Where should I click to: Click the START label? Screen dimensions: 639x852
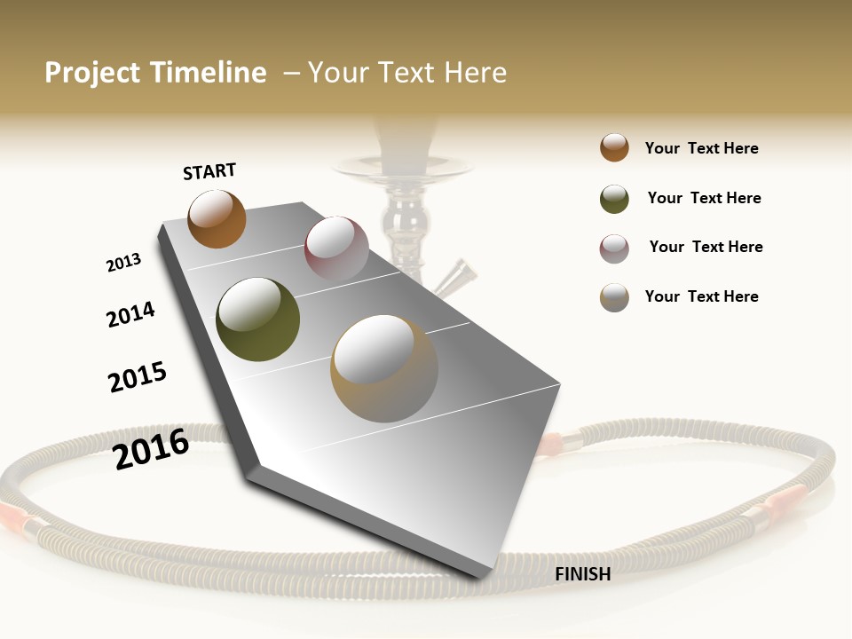click(209, 171)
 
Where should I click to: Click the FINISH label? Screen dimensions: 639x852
click(582, 574)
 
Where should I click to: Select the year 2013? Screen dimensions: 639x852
click(123, 263)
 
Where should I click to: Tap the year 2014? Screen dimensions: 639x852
click(130, 314)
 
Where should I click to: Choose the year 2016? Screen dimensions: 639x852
click(151, 448)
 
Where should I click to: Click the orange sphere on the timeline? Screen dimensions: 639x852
click(217, 218)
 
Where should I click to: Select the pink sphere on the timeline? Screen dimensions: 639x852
click(336, 248)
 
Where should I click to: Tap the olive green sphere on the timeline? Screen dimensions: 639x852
click(257, 319)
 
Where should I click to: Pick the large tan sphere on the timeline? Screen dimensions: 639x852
click(384, 368)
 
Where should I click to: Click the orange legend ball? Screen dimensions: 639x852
click(614, 147)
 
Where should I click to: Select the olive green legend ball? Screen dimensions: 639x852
click(614, 199)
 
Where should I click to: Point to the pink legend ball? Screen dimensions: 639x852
click(614, 248)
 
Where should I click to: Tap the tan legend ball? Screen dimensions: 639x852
click(614, 297)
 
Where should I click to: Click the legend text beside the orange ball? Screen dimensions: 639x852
click(701, 148)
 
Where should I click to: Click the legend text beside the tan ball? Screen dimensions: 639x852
click(701, 296)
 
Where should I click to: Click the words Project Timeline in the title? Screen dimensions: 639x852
click(155, 73)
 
